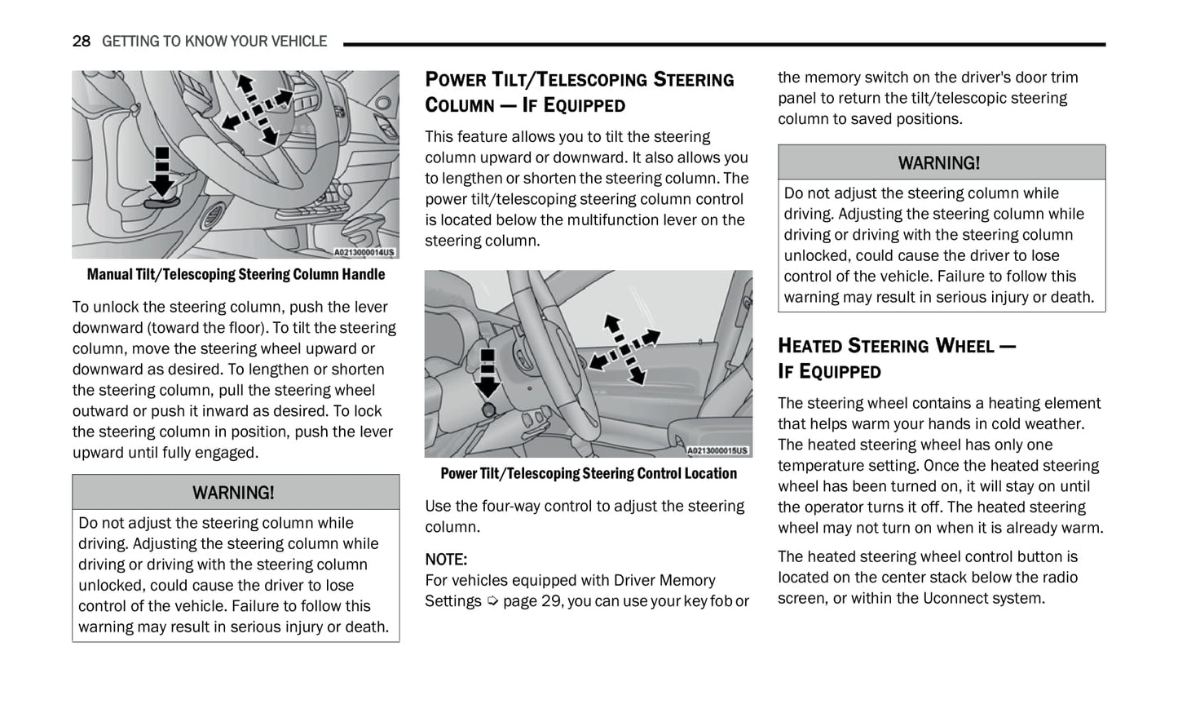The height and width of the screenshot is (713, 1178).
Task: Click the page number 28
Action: click(81, 41)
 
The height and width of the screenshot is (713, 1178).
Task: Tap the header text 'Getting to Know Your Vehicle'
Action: click(214, 41)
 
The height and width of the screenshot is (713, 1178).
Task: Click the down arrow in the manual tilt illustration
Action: click(162, 171)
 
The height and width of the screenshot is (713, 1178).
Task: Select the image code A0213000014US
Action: click(364, 253)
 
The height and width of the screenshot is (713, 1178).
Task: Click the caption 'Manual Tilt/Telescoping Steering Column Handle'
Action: click(236, 274)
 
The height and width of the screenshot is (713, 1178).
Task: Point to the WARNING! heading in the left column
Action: click(233, 493)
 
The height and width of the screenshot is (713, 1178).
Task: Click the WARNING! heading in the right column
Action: click(939, 163)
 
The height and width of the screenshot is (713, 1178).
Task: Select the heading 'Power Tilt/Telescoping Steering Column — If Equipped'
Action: click(579, 92)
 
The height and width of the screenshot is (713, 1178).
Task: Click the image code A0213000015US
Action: click(717, 451)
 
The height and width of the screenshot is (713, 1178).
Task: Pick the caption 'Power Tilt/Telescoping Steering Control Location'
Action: click(589, 473)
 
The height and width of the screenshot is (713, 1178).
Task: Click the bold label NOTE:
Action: click(446, 560)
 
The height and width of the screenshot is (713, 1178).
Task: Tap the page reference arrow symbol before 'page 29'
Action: click(492, 601)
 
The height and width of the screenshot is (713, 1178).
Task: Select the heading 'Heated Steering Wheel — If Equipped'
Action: click(897, 358)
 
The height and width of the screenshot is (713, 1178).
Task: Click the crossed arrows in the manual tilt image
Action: click(257, 103)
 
